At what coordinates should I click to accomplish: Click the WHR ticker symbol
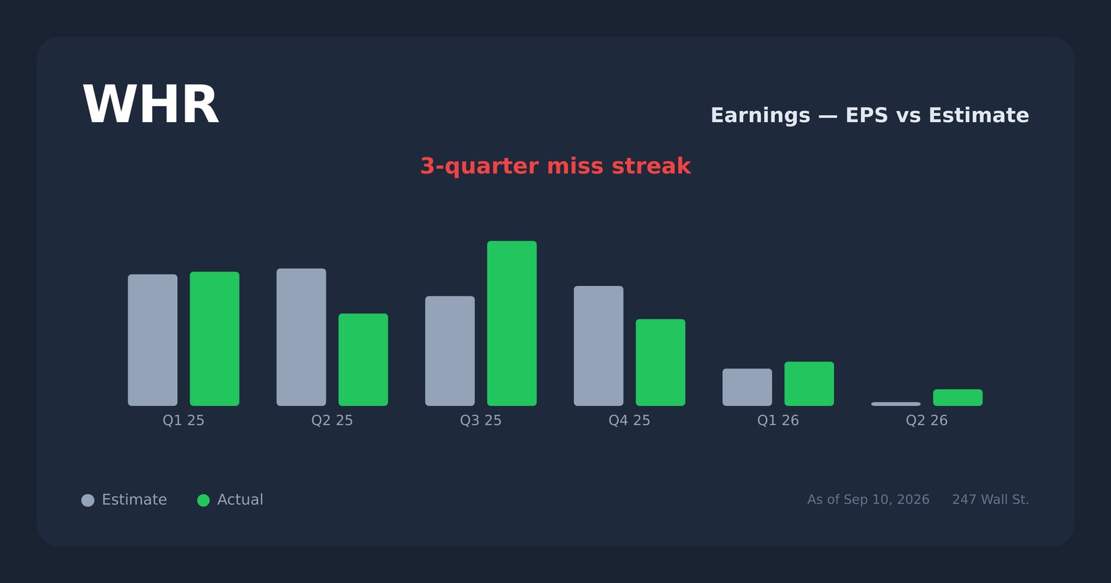click(151, 105)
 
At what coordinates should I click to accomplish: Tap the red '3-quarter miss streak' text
click(555, 166)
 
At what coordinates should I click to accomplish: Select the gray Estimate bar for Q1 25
click(153, 340)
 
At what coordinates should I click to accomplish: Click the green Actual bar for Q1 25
click(215, 339)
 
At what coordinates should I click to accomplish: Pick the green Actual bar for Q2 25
click(364, 360)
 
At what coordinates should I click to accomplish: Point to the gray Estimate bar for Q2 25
click(301, 337)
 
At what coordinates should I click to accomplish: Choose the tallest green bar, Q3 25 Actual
click(512, 323)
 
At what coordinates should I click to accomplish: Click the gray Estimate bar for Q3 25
click(450, 351)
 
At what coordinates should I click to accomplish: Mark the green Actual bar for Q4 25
click(660, 362)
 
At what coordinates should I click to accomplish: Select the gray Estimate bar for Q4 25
click(599, 346)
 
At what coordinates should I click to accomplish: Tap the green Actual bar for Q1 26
click(810, 384)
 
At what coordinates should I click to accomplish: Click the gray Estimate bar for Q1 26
click(747, 387)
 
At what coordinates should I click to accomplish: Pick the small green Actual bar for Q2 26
click(958, 398)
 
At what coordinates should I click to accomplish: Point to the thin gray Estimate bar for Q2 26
click(896, 404)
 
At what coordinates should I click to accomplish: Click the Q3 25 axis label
click(481, 421)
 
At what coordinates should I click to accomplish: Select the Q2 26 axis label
click(926, 421)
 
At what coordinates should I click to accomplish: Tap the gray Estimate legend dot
click(87, 500)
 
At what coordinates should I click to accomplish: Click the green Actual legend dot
click(203, 500)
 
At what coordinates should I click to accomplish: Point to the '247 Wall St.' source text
click(990, 500)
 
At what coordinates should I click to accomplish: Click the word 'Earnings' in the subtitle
click(760, 116)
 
